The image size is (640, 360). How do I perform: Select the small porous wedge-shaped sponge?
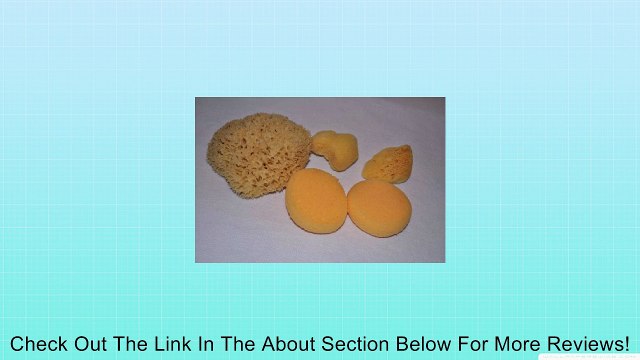coord(388,162)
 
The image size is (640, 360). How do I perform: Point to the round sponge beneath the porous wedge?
coord(379,206)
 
